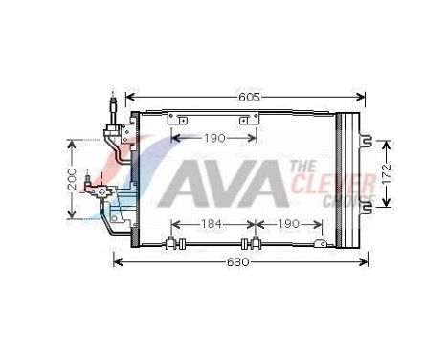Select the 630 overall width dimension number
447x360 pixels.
(x=238, y=261)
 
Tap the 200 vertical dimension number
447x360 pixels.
(x=72, y=179)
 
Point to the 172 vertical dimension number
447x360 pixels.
(x=386, y=173)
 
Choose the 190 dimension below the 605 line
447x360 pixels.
(x=214, y=138)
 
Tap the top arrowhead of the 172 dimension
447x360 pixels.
(x=386, y=145)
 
